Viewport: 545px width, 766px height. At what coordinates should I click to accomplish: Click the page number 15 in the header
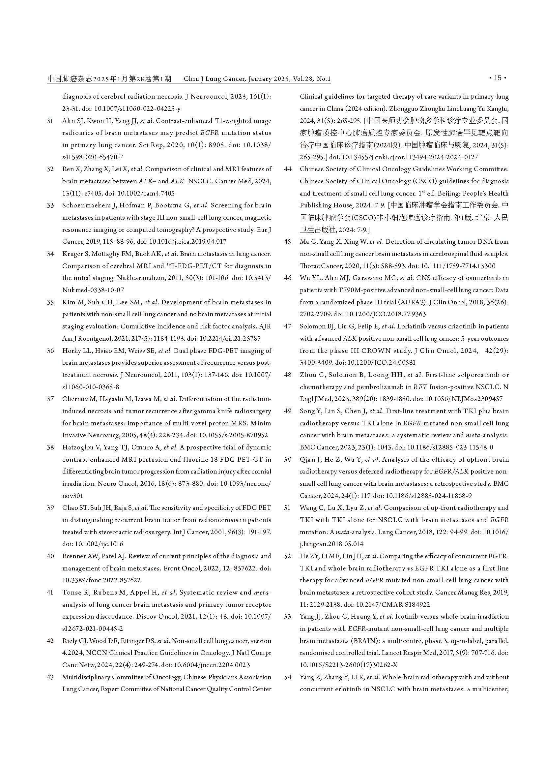click(x=498, y=78)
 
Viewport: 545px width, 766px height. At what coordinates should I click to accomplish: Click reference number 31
click(x=50, y=121)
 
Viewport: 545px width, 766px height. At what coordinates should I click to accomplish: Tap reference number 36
click(x=50, y=351)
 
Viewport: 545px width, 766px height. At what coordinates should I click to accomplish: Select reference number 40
click(x=50, y=556)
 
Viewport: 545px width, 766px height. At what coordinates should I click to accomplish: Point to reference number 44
click(x=288, y=169)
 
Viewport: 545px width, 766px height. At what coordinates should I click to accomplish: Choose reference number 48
click(x=288, y=375)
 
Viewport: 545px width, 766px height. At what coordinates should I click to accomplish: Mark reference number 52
click(x=288, y=556)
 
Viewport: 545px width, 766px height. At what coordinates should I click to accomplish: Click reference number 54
click(x=288, y=677)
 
